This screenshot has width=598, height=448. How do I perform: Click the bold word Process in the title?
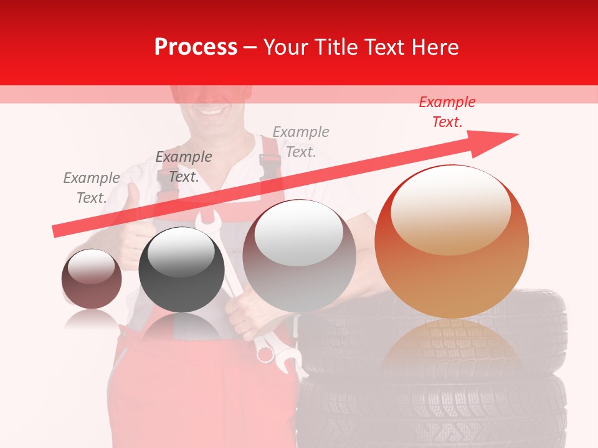click(195, 47)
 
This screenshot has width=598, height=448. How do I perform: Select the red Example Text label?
click(447, 112)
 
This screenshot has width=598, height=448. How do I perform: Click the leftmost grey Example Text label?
click(91, 188)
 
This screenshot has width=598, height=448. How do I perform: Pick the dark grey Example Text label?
click(183, 167)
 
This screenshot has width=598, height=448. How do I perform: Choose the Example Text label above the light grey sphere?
click(300, 142)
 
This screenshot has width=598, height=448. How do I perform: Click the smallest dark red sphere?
click(92, 279)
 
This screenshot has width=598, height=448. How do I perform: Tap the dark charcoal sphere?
click(181, 269)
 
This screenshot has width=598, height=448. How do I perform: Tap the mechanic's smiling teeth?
click(212, 113)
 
